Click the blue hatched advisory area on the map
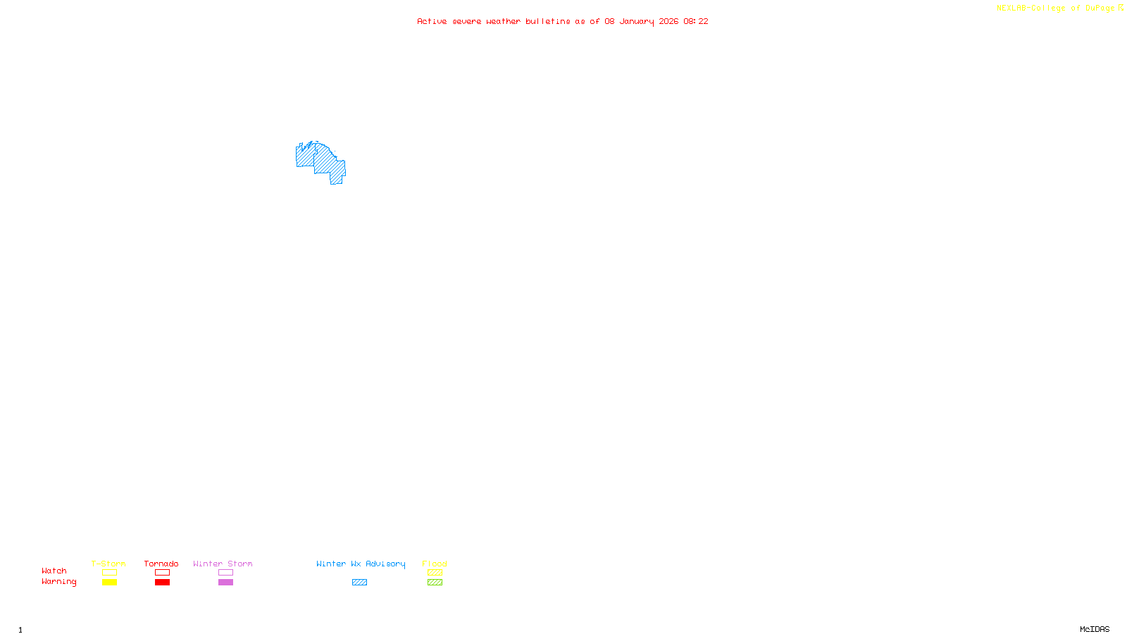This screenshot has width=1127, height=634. point(325,162)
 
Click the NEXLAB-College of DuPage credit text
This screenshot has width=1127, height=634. point(1055,8)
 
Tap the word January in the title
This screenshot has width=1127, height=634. point(637,22)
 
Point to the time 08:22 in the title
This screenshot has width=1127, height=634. point(696,22)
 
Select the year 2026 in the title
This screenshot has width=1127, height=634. point(668,22)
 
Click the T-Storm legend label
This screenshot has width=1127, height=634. point(108,564)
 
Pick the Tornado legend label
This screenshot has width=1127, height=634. point(161,564)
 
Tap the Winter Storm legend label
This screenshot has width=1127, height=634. point(223,564)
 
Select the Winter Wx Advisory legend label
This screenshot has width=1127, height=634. point(361,564)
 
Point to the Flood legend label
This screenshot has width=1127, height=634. point(435,564)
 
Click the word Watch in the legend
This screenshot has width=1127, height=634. point(54,571)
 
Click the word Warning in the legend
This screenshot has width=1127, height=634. point(58,582)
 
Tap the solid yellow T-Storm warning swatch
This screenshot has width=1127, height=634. point(109,583)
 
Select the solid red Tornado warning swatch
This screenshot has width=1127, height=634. point(162,583)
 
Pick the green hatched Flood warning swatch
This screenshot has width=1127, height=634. point(435,583)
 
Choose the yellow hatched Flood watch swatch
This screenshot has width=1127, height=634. point(435,573)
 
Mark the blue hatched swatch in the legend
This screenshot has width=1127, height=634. point(359,583)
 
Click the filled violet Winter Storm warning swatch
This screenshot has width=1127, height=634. point(225,583)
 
